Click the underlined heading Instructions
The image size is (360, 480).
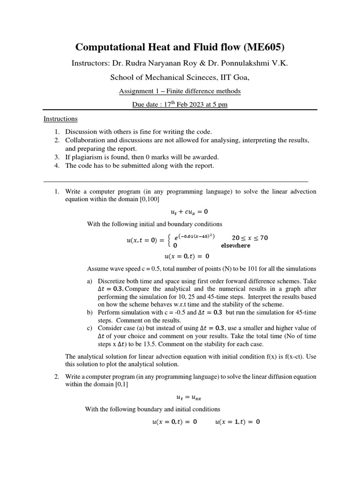click(x=60, y=119)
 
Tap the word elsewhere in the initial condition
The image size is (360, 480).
click(x=235, y=245)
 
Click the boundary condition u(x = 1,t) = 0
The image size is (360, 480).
click(x=237, y=421)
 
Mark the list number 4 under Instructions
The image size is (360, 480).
click(x=56, y=165)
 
